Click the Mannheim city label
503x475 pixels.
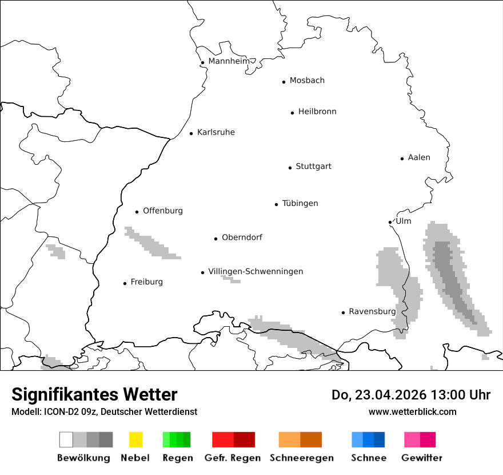tap(229, 61)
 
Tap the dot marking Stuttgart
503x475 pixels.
tap(290, 168)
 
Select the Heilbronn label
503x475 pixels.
tap(317, 112)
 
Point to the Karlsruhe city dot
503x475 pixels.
tap(191, 133)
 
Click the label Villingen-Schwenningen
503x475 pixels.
tap(256, 271)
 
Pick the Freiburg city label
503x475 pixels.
tap(146, 282)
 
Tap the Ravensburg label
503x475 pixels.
tap(372, 311)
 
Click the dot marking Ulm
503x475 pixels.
tap(390, 222)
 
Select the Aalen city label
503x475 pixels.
tap(419, 157)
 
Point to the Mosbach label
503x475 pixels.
tap(307, 81)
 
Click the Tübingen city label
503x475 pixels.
tap(300, 203)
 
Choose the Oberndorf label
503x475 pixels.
tap(242, 237)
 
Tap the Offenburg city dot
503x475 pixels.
tap(137, 212)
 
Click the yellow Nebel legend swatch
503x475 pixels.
tap(135, 440)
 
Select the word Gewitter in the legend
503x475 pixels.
tap(421, 458)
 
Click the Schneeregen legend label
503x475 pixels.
tap(301, 458)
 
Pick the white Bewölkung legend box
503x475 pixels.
tap(66, 440)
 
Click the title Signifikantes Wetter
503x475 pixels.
tap(94, 394)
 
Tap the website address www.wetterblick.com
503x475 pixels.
tap(412, 411)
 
